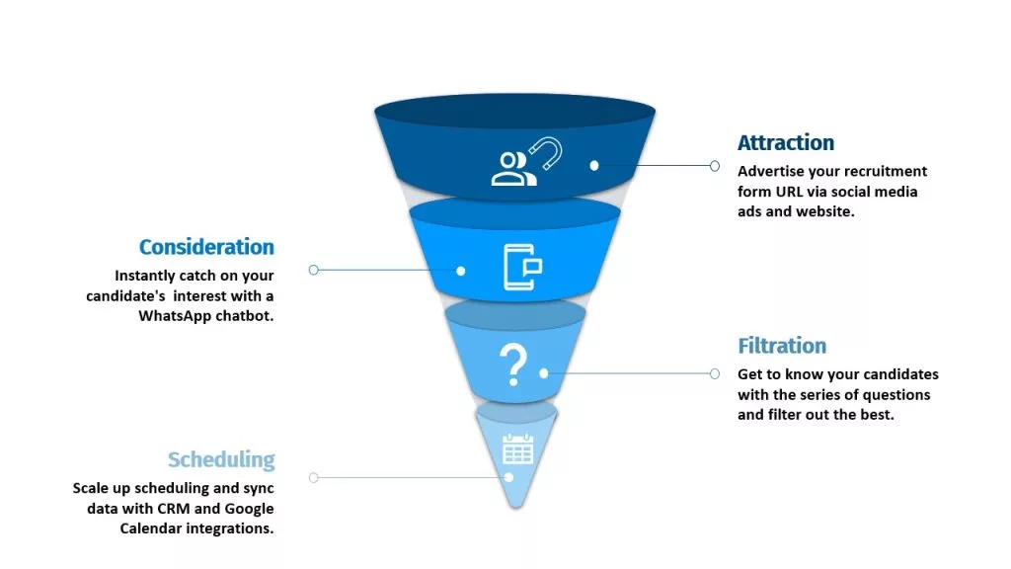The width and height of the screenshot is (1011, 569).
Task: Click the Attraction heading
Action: [785, 142]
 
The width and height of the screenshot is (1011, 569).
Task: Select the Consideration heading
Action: [206, 246]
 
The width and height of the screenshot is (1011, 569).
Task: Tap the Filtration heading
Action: [782, 346]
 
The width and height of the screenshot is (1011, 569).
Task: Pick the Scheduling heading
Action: [221, 459]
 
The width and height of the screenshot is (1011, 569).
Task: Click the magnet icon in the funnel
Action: [546, 153]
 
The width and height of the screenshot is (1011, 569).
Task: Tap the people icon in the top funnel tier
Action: [513, 169]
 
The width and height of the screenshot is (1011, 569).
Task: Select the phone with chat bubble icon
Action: [522, 267]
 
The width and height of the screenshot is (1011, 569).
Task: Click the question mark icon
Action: [513, 366]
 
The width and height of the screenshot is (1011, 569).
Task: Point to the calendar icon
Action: [517, 449]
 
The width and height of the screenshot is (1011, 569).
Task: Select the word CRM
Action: [174, 509]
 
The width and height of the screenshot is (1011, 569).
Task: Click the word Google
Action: [249, 509]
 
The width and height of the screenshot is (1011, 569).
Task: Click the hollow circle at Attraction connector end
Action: [715, 166]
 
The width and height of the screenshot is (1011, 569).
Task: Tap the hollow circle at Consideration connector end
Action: [313, 270]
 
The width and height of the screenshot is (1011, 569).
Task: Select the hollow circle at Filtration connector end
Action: [715, 373]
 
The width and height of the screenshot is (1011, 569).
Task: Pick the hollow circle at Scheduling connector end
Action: [313, 478]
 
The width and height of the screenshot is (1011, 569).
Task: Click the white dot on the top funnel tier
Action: [594, 166]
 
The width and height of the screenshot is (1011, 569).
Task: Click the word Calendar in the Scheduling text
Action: [149, 528]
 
